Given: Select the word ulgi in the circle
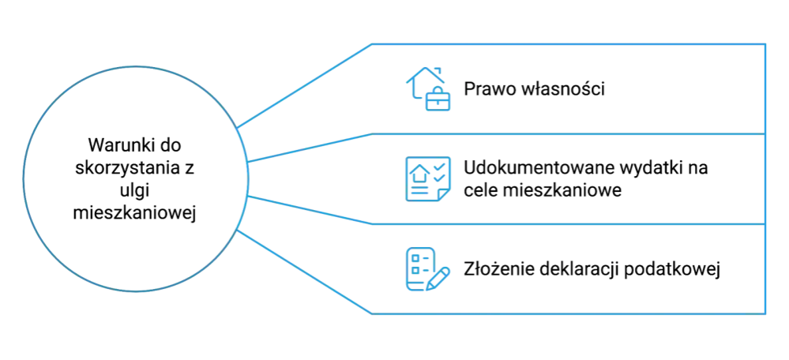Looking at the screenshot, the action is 135,192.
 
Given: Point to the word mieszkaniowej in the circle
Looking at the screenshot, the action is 135,214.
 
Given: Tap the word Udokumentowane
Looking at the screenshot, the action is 536,168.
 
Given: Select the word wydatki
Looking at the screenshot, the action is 650,168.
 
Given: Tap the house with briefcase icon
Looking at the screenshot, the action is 428,89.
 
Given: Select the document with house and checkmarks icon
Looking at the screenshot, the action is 428,179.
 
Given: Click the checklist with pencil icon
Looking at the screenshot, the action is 428,269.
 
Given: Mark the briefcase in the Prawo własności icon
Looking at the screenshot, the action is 438,99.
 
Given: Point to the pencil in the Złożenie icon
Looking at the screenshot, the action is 438,279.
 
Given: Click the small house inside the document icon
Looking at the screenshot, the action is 419,174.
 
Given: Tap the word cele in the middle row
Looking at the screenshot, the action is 482,191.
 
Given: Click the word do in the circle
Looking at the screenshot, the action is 171,146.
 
